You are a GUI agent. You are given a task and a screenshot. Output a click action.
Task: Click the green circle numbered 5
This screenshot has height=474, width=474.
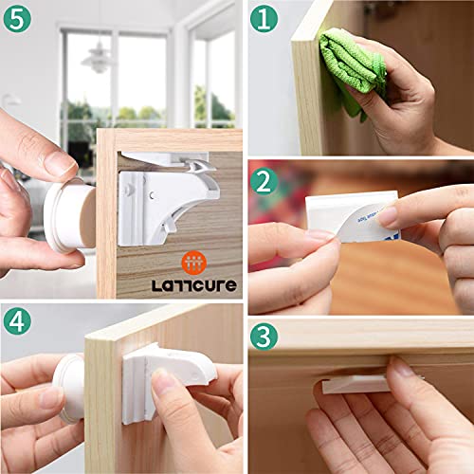[19, 19]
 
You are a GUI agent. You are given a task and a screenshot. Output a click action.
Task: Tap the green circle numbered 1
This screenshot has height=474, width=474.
[268, 20]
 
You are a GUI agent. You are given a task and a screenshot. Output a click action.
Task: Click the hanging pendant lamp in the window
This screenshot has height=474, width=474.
[96, 57]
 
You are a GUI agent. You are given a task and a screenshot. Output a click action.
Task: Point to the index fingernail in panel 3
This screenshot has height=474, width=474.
[403, 368]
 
